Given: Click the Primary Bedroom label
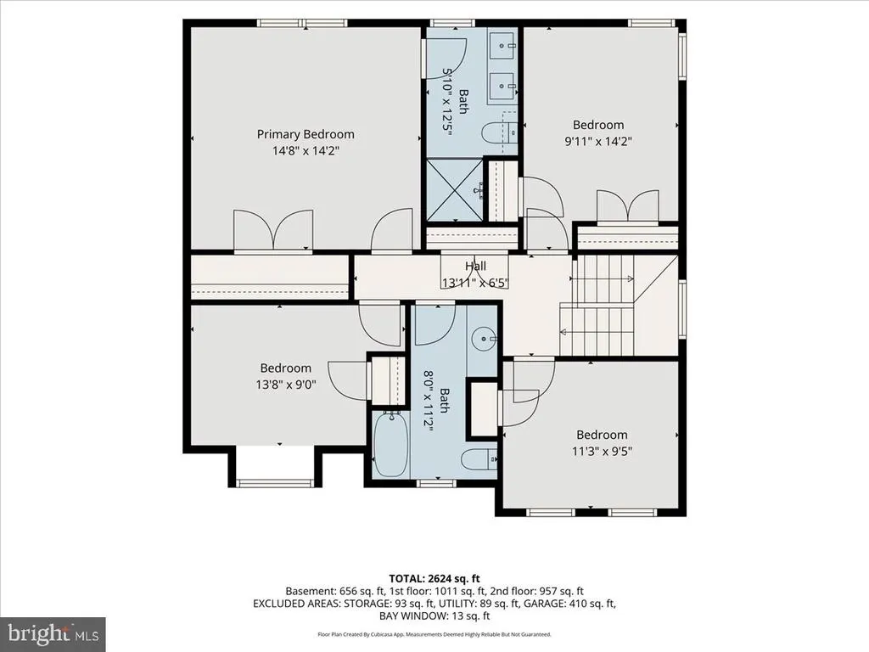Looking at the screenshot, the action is coord(306,134).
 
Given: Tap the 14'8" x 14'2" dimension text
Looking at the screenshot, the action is coord(306,150).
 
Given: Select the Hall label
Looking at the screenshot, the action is coord(475,266).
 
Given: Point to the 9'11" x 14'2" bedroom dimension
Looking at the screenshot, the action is coord(598,141).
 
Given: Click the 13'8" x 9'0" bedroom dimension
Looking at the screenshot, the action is coord(286,384).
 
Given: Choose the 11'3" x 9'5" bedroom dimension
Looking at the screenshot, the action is coord(602,451).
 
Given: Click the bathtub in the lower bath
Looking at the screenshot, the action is coord(390,443).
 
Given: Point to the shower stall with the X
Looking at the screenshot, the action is coord(454,190).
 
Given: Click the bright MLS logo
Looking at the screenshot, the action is coord(53,633).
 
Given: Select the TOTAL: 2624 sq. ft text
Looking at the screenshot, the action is coord(434,579).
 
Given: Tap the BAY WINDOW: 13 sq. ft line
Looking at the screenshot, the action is coord(434,616).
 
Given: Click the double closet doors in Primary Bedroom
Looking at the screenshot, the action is coord(273,230).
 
